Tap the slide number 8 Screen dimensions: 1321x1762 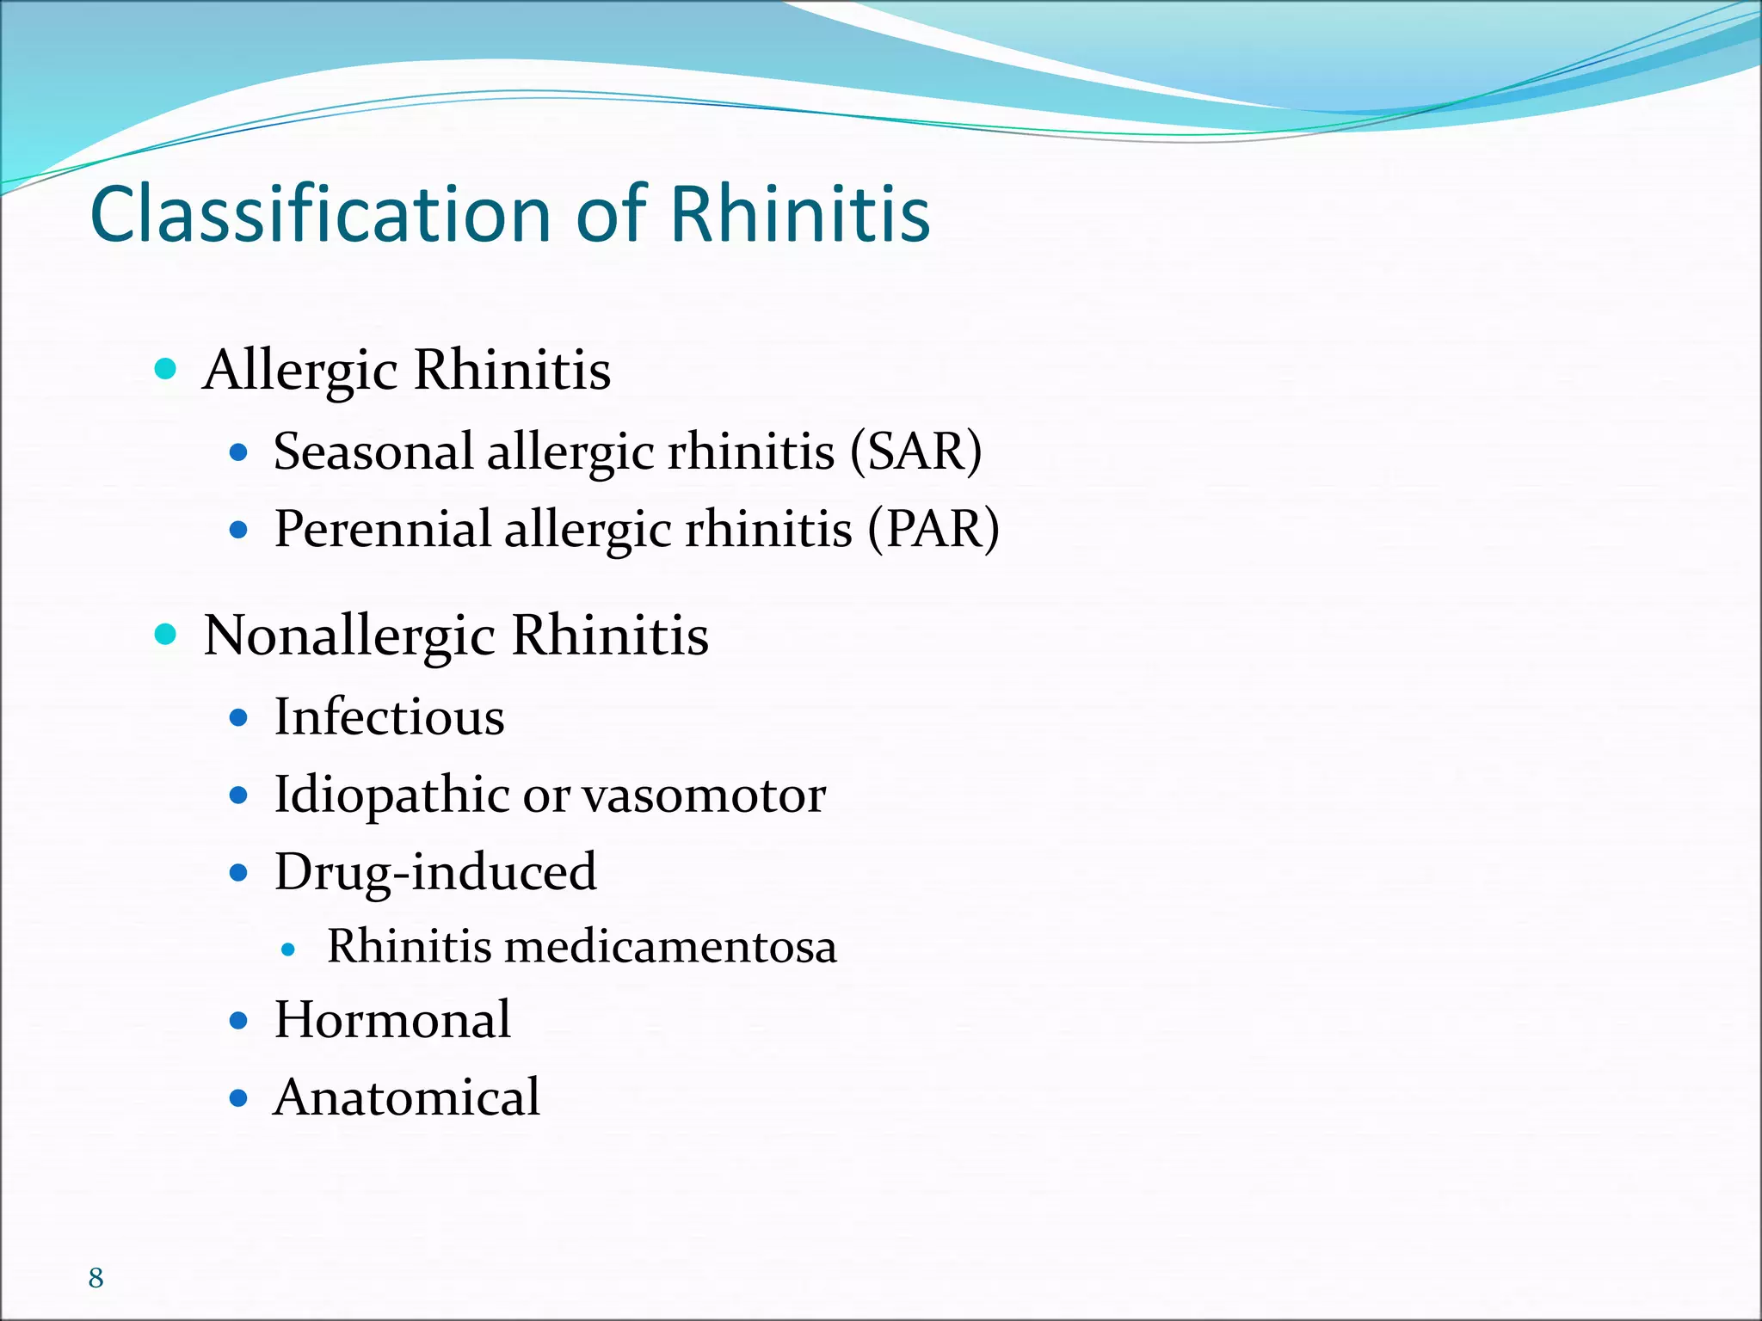[x=95, y=1278]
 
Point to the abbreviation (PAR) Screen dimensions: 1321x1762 [x=933, y=528]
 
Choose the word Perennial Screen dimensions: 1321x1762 [x=382, y=528]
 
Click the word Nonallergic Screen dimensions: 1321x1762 [x=349, y=636]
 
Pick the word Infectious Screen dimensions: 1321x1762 [x=389, y=716]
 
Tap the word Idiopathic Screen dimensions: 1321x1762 [x=391, y=795]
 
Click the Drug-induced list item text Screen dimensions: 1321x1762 [x=435, y=872]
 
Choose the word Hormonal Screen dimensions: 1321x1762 [x=392, y=1020]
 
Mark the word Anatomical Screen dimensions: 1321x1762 [x=406, y=1097]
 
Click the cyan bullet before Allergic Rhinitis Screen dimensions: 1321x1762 [x=165, y=370]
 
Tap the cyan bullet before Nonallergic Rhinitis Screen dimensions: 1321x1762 [x=165, y=636]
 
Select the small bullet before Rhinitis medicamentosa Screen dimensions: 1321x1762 [x=289, y=949]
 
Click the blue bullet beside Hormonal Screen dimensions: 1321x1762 [x=239, y=1021]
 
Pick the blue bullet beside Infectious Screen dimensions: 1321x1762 [x=239, y=717]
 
